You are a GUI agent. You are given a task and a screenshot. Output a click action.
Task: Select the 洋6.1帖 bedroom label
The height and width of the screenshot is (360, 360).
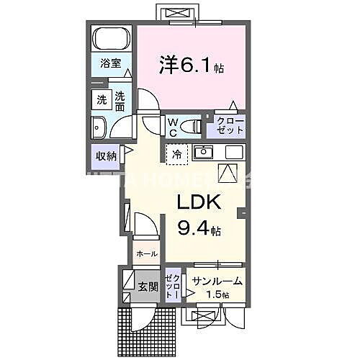pos(190,66)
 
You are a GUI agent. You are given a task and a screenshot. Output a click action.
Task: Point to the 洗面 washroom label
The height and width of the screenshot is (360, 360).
pos(120,102)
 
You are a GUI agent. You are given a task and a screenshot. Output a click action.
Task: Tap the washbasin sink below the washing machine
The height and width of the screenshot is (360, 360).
pos(99,127)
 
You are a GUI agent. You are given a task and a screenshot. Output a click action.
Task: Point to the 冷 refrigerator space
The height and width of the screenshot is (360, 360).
pos(177,153)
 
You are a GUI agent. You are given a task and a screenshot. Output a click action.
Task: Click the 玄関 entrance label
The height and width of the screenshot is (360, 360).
pos(147,287)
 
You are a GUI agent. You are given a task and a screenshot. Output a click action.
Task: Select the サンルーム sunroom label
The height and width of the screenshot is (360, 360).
pos(217,282)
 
